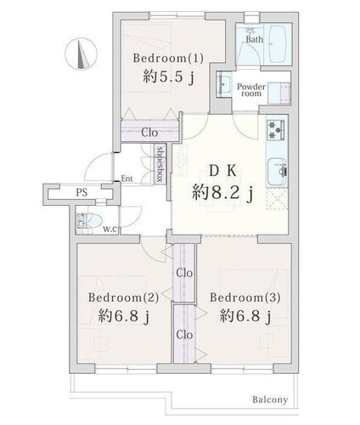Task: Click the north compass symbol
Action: point(81,54)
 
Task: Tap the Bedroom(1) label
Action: point(168,59)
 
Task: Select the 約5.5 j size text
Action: point(169,76)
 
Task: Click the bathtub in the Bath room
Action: point(278,44)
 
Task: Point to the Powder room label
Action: point(251,90)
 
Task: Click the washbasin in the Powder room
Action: point(224,83)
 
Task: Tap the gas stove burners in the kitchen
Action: point(276,129)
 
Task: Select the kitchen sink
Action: point(277,172)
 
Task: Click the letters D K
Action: point(222,171)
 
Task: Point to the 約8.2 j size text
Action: point(222,194)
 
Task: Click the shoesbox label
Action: point(160,164)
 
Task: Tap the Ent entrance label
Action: point(127,178)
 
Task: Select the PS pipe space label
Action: point(82,193)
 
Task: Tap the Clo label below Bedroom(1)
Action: point(149,133)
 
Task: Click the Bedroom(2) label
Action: point(123,297)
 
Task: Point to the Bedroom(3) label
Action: point(245,297)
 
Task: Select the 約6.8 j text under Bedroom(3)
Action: point(245,316)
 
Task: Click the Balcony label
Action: point(270,399)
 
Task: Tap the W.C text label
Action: point(110,229)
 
